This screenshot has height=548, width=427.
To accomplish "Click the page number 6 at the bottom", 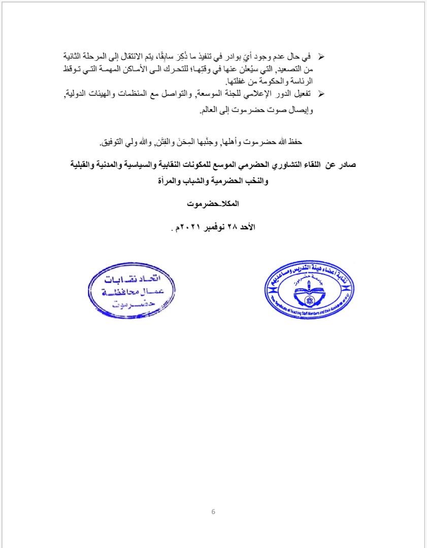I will point(213,511).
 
